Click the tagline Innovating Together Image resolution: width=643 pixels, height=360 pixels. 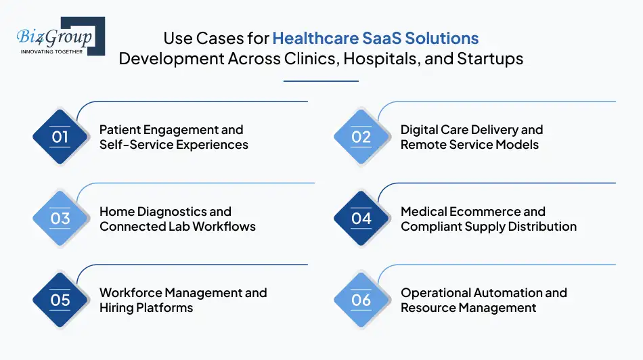[x=51, y=51]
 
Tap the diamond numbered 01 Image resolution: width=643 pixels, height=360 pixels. [x=60, y=137]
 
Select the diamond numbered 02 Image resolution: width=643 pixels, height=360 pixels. [x=361, y=137]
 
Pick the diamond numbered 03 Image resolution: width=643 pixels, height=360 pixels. [x=60, y=219]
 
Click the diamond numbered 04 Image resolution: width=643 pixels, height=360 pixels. [x=361, y=219]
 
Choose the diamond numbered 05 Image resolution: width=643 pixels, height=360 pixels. [x=60, y=300]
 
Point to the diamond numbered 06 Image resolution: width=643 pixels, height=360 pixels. [x=361, y=300]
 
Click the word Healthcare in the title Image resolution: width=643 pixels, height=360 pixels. [x=312, y=38]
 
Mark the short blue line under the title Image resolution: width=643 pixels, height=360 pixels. [x=321, y=81]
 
